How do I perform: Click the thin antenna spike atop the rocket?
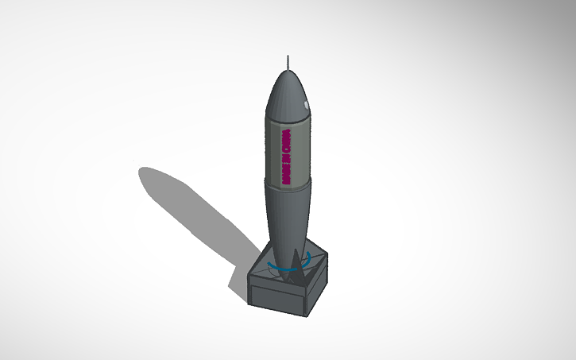[x=288, y=63]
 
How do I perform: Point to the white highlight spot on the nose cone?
[x=307, y=105]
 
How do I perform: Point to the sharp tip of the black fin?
[x=297, y=250]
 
